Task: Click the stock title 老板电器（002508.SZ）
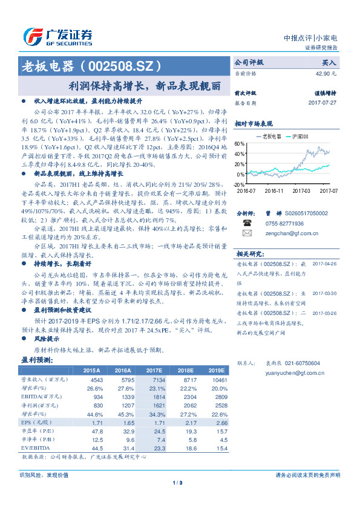tap(91, 65)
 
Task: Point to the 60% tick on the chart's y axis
tap(239, 144)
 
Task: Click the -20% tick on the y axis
tap(238, 184)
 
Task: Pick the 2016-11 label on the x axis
tap(273, 190)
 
